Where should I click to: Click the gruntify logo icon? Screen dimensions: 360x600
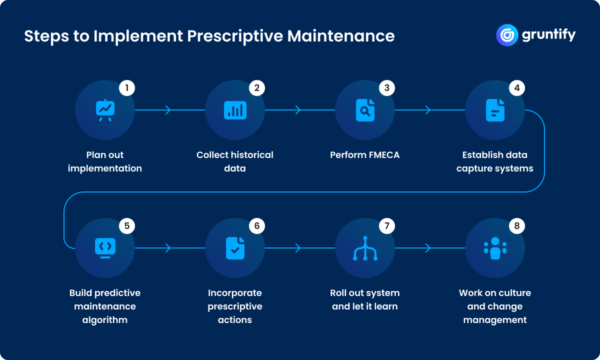(506, 35)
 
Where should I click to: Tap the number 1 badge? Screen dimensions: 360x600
(127, 88)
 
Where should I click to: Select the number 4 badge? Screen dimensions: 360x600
(517, 88)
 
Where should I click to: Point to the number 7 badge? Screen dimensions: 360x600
(387, 226)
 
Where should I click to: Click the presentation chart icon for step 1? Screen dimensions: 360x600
(105, 110)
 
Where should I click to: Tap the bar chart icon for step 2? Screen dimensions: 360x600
(235, 110)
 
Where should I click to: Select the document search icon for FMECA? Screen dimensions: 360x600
(365, 110)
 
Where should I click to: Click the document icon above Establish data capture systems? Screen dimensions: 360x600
(495, 110)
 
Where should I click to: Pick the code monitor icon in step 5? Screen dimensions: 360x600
(105, 248)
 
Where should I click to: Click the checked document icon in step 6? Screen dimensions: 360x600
(235, 248)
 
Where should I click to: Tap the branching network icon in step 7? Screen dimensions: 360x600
(365, 248)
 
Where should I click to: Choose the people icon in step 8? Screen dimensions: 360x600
(495, 248)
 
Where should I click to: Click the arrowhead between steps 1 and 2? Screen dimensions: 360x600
(168, 110)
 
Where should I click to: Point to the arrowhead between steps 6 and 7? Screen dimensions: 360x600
(298, 248)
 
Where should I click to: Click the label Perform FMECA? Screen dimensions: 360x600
(365, 155)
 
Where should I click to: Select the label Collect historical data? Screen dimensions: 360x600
(235, 161)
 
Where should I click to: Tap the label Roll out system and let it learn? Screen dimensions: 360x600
(365, 299)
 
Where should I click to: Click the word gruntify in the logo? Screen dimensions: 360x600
(548, 35)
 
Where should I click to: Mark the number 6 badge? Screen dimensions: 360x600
(257, 226)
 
